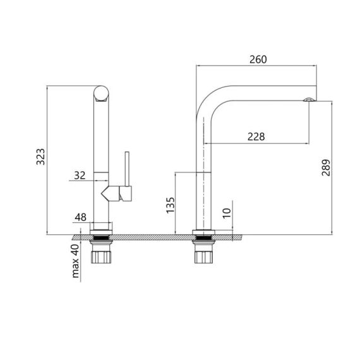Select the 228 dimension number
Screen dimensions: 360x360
255,136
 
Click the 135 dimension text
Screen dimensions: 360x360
170,205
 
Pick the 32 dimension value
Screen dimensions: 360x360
80,176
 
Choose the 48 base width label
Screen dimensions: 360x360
80,217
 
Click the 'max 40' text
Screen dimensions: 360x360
76,262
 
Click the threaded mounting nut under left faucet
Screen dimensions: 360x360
101,255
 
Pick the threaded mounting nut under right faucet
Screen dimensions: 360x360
203,255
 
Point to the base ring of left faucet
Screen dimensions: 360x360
101,227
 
